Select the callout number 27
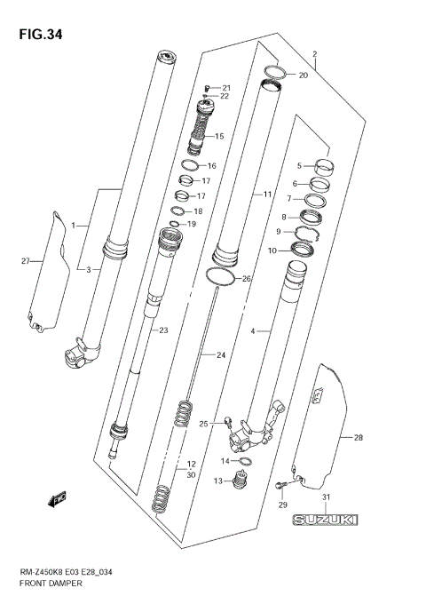26,260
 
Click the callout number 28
358,438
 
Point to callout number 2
313,54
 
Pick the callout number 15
218,137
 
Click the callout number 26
247,279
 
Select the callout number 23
162,330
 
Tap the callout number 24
221,355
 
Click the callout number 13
217,481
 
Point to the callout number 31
327,497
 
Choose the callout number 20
303,75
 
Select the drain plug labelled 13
237,482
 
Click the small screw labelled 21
206,87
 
